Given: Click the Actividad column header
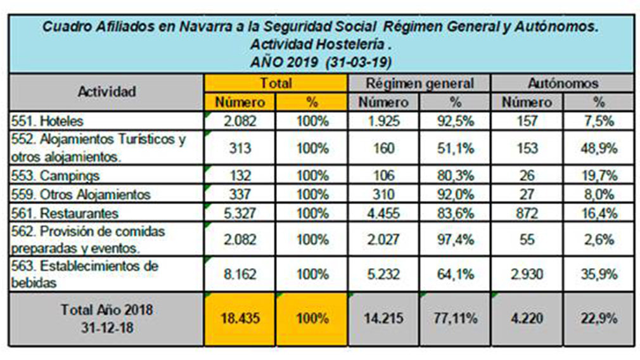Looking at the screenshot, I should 106,91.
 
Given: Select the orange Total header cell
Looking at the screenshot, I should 276,82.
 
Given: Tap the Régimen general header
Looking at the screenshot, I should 419,82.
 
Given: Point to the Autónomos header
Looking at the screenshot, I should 563,82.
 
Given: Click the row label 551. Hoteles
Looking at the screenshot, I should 48,120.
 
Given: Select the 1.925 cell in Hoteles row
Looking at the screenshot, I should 383,120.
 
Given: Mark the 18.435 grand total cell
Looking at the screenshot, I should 240,318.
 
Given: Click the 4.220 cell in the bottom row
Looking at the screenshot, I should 527,318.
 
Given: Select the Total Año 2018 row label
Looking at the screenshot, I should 106,318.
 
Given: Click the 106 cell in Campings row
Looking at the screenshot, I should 383,176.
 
